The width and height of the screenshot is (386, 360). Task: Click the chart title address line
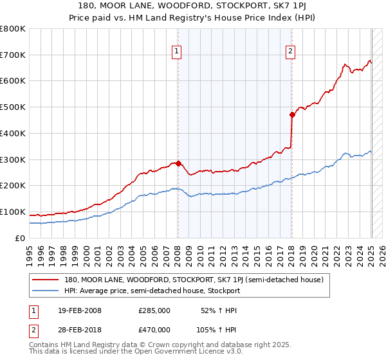coord(192,7)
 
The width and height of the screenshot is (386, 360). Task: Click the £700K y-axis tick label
coord(13,55)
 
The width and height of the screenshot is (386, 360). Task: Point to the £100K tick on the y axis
coord(13,212)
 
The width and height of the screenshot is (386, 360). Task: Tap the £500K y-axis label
coord(13,107)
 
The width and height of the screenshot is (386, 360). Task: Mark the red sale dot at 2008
coord(178,163)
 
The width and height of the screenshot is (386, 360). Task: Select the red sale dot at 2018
coord(292,115)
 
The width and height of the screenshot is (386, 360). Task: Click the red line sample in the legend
coord(46,280)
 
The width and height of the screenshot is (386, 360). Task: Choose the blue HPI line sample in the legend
coord(46,291)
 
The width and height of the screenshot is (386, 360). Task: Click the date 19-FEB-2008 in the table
coord(79,310)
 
